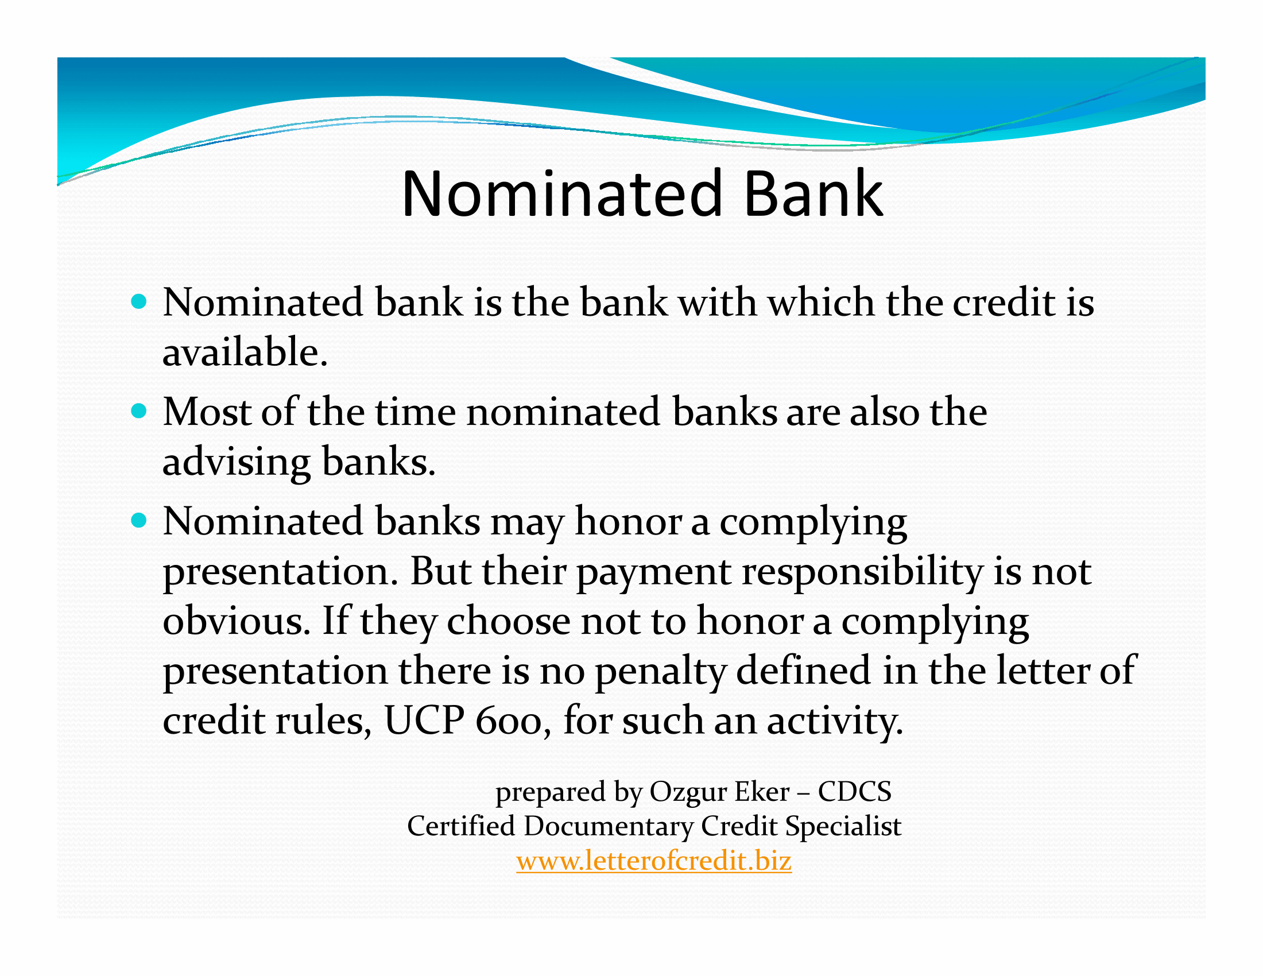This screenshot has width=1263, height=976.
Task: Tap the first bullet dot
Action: coord(139,301)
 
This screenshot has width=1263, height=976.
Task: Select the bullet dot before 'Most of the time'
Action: coord(139,411)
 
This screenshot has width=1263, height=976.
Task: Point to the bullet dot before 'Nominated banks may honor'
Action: coord(139,521)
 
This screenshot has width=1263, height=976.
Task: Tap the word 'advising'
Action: coord(237,463)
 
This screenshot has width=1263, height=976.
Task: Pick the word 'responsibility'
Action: coord(862,572)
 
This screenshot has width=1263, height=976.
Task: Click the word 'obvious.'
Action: coord(237,621)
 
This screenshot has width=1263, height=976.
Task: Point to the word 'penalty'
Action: coord(660,672)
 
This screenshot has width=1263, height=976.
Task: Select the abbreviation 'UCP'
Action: coord(424,721)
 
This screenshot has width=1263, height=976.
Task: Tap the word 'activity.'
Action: coord(835,722)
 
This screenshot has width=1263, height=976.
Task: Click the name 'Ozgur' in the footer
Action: coord(688,792)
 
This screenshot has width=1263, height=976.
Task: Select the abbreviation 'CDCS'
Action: coord(855,792)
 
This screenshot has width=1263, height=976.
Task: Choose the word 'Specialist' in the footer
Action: coord(843,826)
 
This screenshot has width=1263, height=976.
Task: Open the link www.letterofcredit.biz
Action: coord(654,861)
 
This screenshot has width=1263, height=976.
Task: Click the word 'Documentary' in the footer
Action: coord(609,827)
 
